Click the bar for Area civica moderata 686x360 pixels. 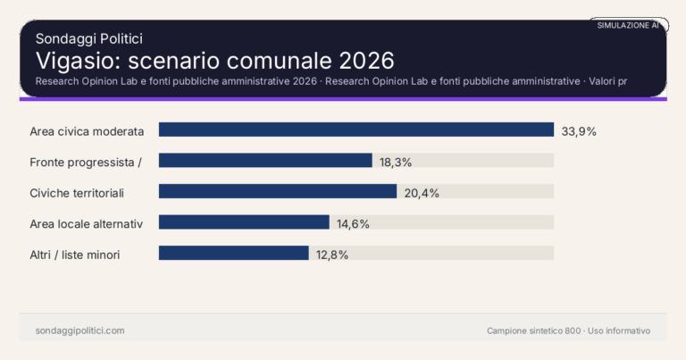click(356, 130)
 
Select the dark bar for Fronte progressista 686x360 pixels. click(265, 161)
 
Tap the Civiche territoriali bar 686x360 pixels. click(278, 192)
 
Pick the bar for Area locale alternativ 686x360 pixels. click(244, 222)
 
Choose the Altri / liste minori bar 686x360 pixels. click(234, 254)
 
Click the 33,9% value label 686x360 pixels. click(579, 131)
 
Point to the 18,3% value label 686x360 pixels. click(397, 162)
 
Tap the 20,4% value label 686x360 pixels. click(422, 193)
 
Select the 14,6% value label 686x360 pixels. click(353, 223)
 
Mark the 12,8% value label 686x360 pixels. click(331, 255)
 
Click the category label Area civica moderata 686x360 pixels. click(87, 131)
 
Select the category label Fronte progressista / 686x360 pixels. click(87, 162)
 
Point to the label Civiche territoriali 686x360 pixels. click(77, 193)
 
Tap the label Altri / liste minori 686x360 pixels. click(75, 255)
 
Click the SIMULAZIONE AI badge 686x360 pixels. click(628, 26)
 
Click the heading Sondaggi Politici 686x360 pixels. click(89, 38)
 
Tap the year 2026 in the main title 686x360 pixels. click(366, 61)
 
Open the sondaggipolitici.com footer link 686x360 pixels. click(79, 331)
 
